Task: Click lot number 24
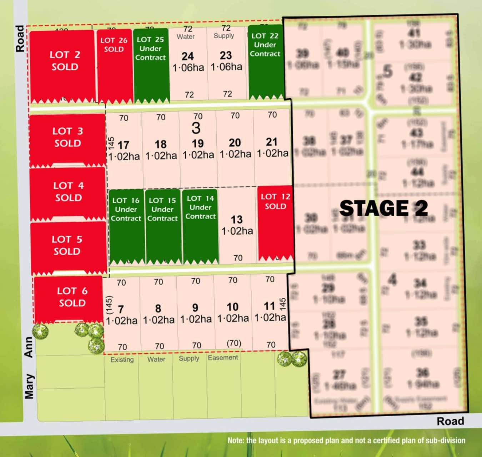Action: coord(187,56)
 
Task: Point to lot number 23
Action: coord(226,55)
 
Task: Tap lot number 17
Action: coord(123,145)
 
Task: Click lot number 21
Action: coord(271,142)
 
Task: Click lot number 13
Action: coord(237,220)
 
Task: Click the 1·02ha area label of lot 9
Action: coord(196,319)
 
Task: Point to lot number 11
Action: coord(269,306)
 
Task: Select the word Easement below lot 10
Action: coord(223,358)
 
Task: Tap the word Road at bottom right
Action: coord(450,421)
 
